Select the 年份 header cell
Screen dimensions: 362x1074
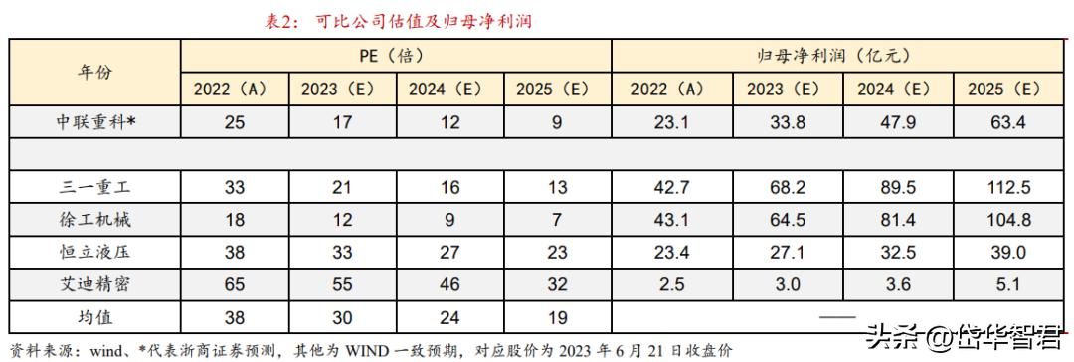95,73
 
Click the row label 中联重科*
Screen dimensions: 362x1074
95,122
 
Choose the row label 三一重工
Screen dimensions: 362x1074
95,185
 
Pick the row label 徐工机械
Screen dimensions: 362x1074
95,218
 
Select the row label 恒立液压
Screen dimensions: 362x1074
95,252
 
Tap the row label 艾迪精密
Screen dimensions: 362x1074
95,284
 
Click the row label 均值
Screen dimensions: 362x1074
95,318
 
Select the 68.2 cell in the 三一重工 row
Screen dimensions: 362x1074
783,185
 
